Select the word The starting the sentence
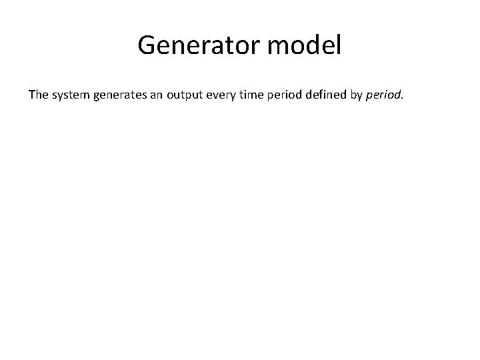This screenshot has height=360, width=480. [x=38, y=95]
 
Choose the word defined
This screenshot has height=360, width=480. [x=326, y=95]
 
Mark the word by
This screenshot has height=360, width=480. [x=357, y=95]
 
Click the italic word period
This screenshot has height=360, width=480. [x=384, y=95]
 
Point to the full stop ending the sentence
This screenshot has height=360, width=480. [x=403, y=98]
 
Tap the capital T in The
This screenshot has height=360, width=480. [x=31, y=95]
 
